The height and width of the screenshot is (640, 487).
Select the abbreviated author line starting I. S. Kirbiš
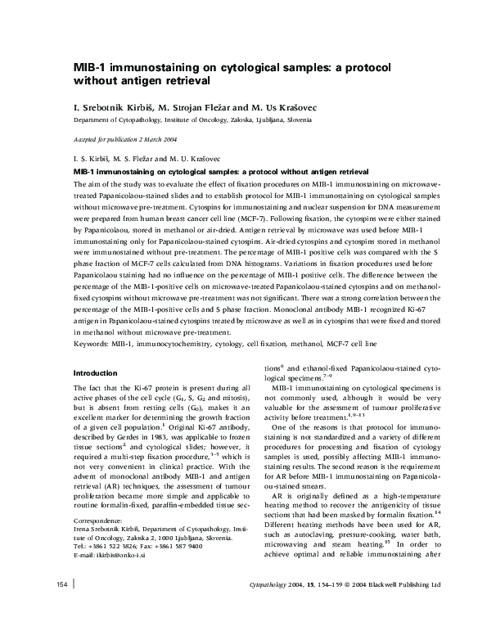[x=144, y=158]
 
